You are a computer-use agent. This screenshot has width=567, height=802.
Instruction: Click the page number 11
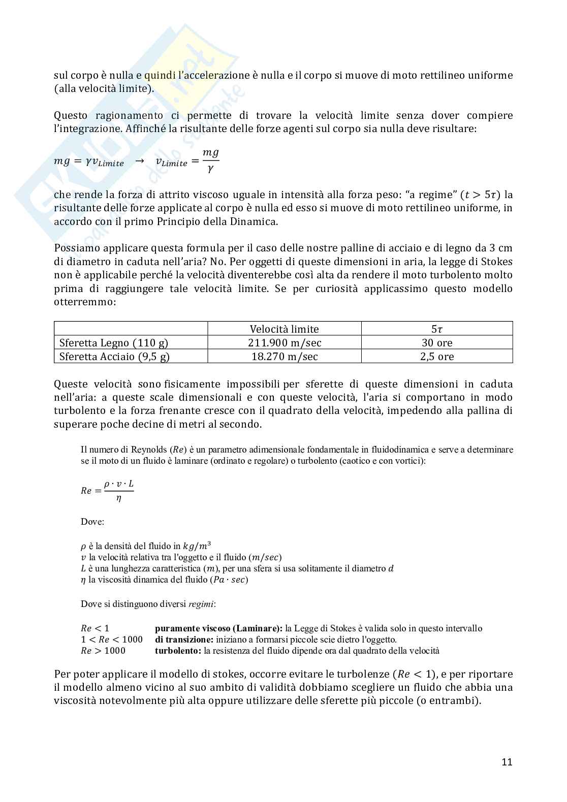click(x=507, y=762)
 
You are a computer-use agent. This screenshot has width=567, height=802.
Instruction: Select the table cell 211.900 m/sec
click(x=285, y=343)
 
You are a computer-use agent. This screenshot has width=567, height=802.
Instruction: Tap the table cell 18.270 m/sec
click(x=285, y=357)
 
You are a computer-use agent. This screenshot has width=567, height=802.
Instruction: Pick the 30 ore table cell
click(x=437, y=343)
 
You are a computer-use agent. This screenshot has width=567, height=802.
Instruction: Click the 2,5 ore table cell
click(x=437, y=357)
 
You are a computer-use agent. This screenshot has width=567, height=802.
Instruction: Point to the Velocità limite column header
click(x=285, y=329)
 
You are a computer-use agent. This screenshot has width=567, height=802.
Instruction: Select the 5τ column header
click(x=437, y=329)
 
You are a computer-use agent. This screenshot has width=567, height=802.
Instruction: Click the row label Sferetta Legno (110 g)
click(x=114, y=343)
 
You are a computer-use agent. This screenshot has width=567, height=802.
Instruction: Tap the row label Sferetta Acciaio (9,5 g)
click(x=114, y=357)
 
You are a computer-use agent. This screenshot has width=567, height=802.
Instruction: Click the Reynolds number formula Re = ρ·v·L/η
click(x=107, y=491)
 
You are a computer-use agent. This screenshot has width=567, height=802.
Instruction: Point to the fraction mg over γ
click(x=210, y=160)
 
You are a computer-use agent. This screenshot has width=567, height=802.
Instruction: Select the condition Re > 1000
click(x=103, y=651)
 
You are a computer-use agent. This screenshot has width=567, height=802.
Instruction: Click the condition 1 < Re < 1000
click(x=112, y=639)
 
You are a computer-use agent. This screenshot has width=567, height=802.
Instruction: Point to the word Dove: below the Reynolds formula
click(x=92, y=522)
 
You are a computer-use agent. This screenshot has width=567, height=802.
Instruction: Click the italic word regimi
click(x=201, y=604)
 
